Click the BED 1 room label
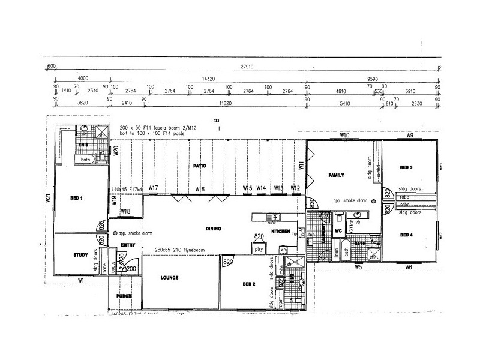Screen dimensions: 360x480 [x=77, y=198]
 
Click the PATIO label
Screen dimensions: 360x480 [x=200, y=165]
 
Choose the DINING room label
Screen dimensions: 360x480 [x=213, y=229]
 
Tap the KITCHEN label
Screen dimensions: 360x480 [x=280, y=231]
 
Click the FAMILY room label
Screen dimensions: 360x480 [x=335, y=175]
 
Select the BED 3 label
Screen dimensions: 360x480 [x=407, y=167]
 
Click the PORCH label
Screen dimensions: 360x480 [x=124, y=296]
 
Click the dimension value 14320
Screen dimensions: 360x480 [x=209, y=79]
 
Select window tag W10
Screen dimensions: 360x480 [x=344, y=136]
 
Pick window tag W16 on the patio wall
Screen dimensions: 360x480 [x=200, y=189]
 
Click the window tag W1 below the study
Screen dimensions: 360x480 [x=80, y=280]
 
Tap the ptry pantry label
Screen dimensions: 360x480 [x=259, y=248]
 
